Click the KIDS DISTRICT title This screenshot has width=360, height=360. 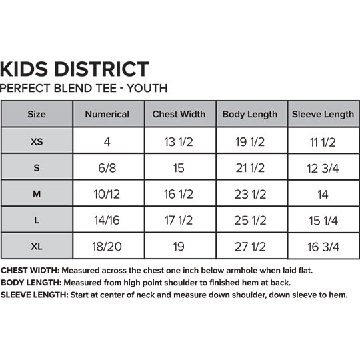[75, 68]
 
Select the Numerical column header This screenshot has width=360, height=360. [107, 114]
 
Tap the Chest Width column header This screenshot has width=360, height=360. [179, 114]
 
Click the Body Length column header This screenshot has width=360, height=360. [250, 114]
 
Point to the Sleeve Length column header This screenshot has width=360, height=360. [323, 114]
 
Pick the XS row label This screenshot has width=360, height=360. [37, 141]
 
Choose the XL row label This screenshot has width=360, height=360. [37, 247]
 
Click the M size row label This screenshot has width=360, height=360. [37, 194]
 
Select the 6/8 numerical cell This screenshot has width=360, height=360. [107, 168]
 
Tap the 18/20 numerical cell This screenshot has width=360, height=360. [107, 247]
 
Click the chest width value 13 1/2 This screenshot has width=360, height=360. [179, 141]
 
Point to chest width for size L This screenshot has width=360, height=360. [179, 221]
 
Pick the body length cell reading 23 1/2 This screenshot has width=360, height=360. [251, 194]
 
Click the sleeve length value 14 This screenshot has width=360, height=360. [323, 194]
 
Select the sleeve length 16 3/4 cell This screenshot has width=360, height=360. [323, 247]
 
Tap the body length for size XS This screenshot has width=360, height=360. [251, 141]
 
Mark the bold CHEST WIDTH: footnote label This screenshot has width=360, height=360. [30, 271]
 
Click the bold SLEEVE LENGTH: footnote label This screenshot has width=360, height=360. [33, 294]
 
